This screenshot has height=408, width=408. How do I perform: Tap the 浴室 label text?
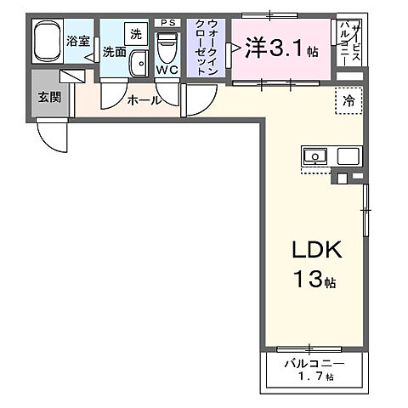pos(80,39)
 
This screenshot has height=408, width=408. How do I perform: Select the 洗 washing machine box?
pos(136,34)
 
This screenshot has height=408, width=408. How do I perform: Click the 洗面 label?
pos(115,52)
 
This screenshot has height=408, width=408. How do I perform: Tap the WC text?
pos(167,71)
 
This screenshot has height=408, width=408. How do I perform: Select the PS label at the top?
pos(168,21)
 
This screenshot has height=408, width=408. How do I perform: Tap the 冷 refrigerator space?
pos(348,99)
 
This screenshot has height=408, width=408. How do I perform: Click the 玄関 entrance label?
pos(48,97)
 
